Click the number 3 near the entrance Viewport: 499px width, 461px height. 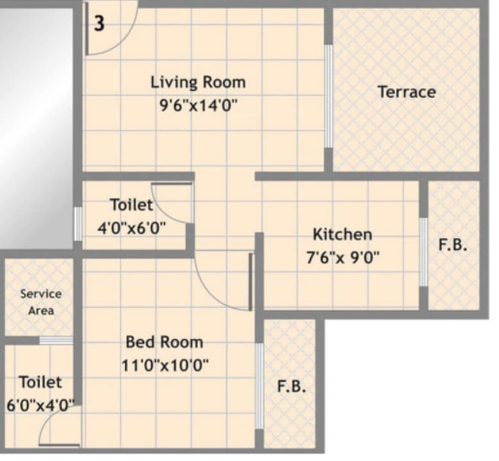pos(99,24)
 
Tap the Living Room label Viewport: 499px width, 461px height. pos(198,81)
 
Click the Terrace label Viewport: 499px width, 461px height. pos(406,92)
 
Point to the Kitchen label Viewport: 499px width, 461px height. pos(341,234)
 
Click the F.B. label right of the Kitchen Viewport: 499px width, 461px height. pos(452,246)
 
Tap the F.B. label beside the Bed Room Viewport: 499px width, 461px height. pos(292,386)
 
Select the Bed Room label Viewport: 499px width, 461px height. pos(165,342)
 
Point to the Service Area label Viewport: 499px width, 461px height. pos(41,301)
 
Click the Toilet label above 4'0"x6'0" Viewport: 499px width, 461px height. pos(131,205)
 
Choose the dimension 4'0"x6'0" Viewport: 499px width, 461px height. pos(133,229)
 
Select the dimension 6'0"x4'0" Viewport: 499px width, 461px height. pos(40,407)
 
